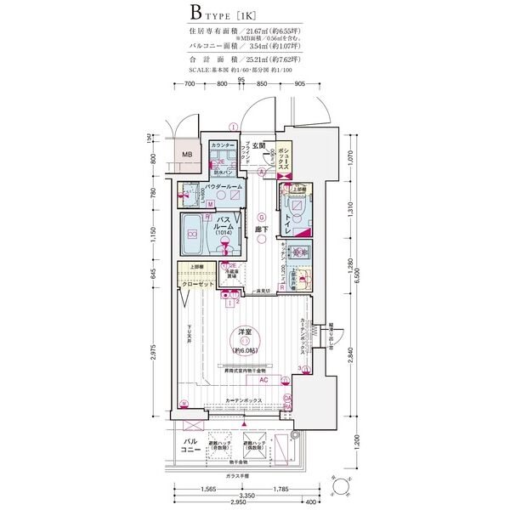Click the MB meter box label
(187, 154)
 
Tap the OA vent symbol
(287, 399)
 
